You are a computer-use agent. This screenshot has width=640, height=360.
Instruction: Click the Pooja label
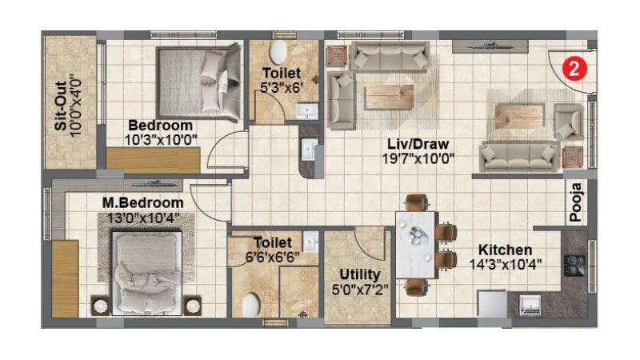tap(576, 202)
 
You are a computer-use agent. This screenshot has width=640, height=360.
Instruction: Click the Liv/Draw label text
tap(418, 144)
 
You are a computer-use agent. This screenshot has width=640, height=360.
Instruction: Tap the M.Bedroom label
tap(142, 203)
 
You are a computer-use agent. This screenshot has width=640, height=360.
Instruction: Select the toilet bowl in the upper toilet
tap(278, 54)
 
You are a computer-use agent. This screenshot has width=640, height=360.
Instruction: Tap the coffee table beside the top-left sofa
tap(389, 96)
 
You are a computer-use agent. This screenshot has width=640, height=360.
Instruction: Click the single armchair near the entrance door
tap(570, 121)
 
